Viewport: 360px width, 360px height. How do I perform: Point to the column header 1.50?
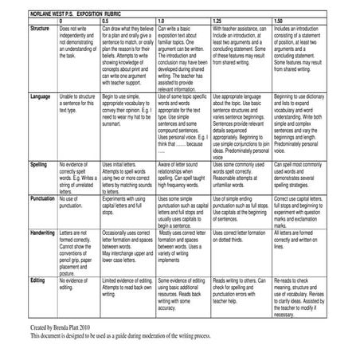pyautogui.click(x=278, y=19)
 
